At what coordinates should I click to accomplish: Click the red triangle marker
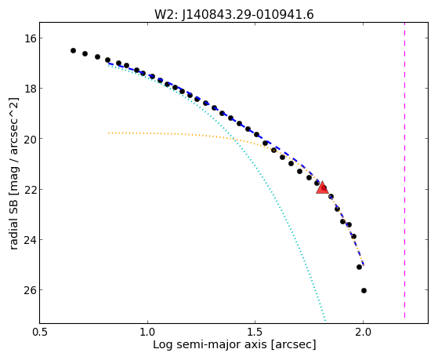[322, 187]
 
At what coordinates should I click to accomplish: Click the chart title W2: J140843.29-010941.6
[234, 15]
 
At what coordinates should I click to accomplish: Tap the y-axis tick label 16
[30, 38]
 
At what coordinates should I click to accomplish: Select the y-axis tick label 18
[30, 89]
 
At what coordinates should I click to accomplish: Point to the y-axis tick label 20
[30, 139]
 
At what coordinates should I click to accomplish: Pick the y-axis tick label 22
[30, 189]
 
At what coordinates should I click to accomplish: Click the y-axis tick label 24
[30, 240]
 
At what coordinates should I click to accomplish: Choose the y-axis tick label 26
[30, 290]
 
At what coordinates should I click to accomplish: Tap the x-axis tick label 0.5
[40, 333]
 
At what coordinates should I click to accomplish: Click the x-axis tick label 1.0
[147, 333]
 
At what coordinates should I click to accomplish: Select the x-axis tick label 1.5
[255, 333]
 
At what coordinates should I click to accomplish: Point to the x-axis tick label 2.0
[363, 333]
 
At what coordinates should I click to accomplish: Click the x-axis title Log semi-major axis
[210, 345]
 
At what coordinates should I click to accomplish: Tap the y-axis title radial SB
[13, 224]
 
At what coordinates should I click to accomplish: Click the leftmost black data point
[73, 51]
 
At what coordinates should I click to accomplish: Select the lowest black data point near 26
[364, 291]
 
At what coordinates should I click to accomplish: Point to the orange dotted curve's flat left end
[109, 133]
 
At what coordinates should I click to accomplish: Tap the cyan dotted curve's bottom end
[325, 320]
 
